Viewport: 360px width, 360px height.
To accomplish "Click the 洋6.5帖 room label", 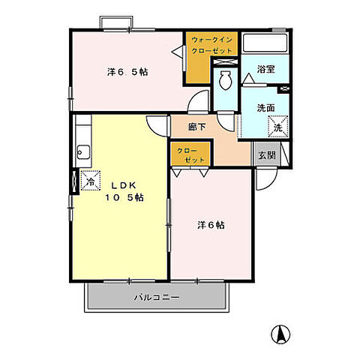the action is (x=127, y=72).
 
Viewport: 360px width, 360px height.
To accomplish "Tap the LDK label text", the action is (x=123, y=185).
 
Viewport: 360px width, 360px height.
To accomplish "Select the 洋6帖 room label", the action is (x=211, y=225).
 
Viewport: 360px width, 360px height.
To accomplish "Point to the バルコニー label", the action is (x=157, y=297).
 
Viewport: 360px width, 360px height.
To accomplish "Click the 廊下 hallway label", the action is (x=197, y=127).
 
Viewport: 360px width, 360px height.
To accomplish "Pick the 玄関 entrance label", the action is (x=267, y=155).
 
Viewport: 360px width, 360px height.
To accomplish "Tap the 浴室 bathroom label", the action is (x=266, y=69).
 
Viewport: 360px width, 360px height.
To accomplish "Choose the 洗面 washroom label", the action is (x=266, y=108).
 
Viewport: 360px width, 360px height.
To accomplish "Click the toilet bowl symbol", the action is (x=226, y=79).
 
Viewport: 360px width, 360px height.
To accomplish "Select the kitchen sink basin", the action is (x=83, y=152).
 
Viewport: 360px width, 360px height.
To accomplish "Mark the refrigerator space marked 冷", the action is (x=91, y=181).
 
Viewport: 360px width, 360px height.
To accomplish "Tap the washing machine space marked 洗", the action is (x=278, y=127).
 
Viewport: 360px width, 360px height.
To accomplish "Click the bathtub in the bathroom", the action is (x=265, y=43).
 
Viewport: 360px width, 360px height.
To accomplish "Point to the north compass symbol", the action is (x=280, y=334).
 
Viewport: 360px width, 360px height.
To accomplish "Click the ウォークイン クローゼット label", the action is (x=211, y=45).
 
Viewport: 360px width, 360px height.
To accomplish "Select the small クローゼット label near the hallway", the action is (x=190, y=155).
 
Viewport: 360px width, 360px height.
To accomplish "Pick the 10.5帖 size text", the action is (x=124, y=198).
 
